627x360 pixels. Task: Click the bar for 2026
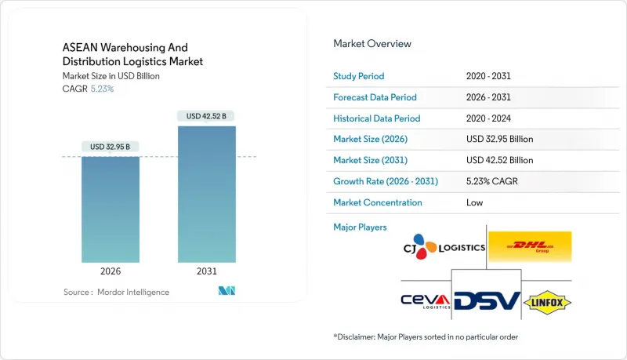(x=111, y=209)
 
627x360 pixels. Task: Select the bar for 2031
(x=207, y=194)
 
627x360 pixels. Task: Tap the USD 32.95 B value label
(x=111, y=147)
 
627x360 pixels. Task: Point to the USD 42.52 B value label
(x=207, y=116)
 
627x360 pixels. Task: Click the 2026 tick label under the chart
(x=111, y=271)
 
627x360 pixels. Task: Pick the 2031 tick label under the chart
(x=207, y=271)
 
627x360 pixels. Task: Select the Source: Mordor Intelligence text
(x=116, y=292)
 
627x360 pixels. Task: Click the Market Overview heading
(x=372, y=44)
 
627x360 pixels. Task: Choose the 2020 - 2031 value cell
(x=488, y=76)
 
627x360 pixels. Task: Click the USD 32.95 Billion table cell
(x=499, y=139)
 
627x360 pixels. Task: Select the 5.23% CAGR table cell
(x=492, y=181)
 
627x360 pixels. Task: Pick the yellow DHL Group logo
(x=530, y=247)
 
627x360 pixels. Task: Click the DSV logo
(x=487, y=301)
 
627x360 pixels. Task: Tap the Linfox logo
(x=549, y=301)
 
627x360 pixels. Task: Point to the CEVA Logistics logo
(x=425, y=301)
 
